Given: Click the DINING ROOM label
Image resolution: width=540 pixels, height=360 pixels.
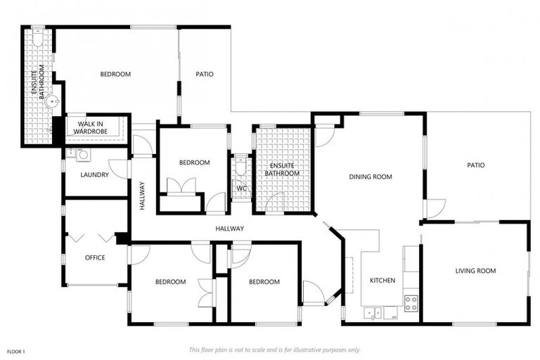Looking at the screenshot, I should pos(370,176).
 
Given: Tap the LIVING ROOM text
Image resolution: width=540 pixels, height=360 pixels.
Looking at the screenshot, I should pos(476,271).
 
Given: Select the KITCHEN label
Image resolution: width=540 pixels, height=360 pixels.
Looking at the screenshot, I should pos(382,281).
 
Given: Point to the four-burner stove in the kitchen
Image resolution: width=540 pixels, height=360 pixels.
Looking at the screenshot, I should pos(411,303).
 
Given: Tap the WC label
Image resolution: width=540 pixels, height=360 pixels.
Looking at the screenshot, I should pos(240,188).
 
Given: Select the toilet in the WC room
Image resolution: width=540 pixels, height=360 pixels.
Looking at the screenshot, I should pos(240,169).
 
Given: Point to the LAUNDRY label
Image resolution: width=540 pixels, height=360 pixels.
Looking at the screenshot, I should pos(94,174).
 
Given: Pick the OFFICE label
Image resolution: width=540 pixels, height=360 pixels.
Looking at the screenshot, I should pos(95,257).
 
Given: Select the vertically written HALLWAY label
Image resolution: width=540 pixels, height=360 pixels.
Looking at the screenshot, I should pos(141,196).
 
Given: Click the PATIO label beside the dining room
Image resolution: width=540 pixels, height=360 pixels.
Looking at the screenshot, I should pos(476,165).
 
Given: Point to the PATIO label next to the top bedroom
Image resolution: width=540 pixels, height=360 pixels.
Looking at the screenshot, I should pos(204,74).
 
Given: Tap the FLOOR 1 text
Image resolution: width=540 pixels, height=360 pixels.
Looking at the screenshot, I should pos(16,350).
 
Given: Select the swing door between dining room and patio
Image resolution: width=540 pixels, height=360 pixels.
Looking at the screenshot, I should pos(435,209).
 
